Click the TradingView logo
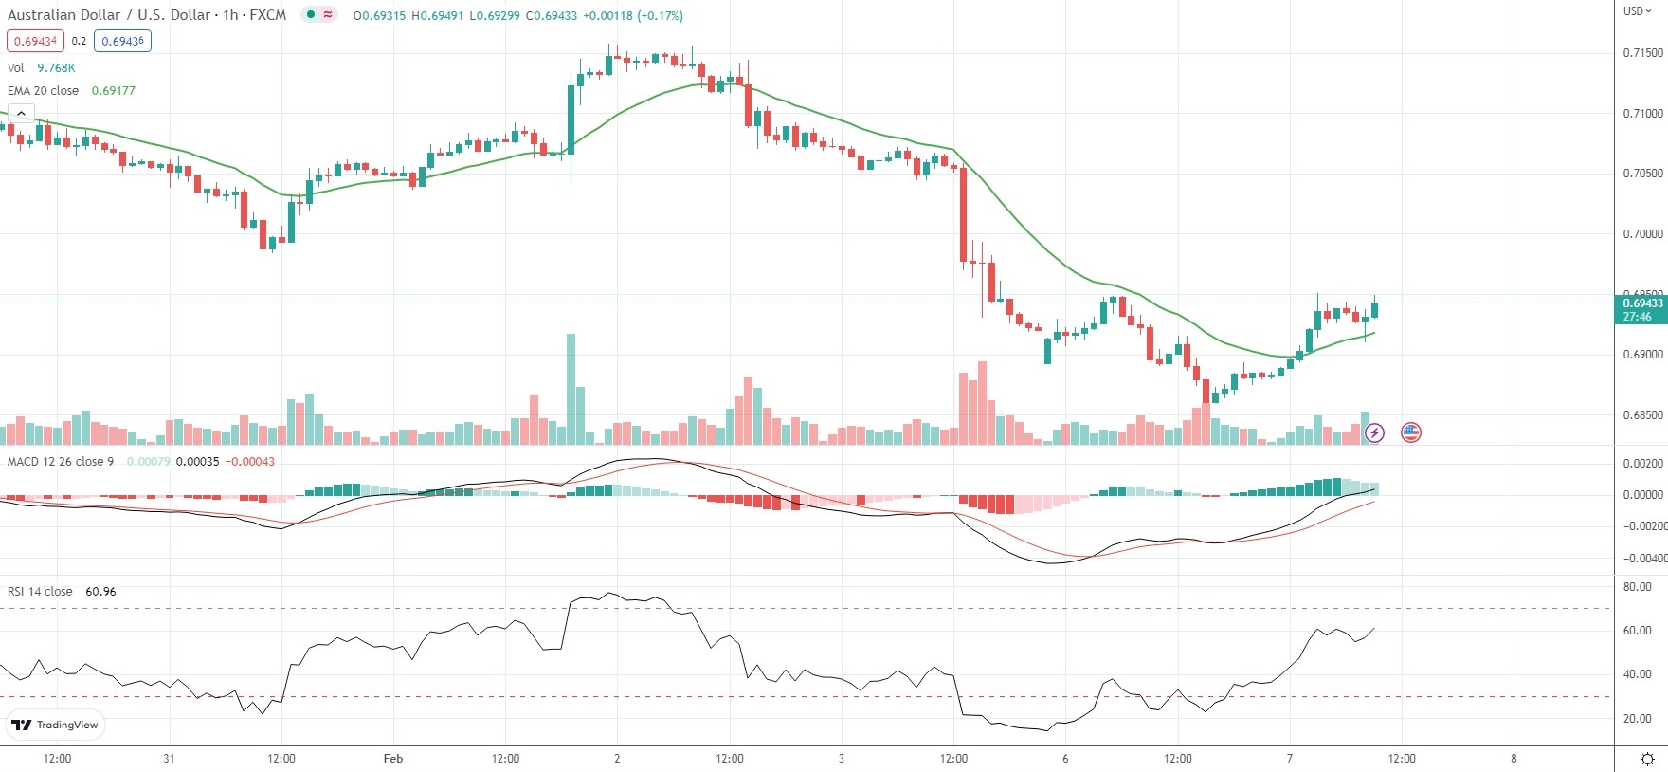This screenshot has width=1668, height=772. pyautogui.click(x=54, y=726)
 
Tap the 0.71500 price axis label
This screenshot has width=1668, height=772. pyautogui.click(x=1642, y=53)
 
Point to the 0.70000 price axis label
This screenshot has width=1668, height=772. pyautogui.click(x=1642, y=234)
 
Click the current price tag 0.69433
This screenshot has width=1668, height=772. pyautogui.click(x=1641, y=303)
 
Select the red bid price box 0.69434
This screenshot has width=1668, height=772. pyautogui.click(x=35, y=41)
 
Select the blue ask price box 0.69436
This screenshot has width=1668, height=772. pyautogui.click(x=122, y=41)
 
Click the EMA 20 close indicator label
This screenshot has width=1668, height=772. pyautogui.click(x=44, y=91)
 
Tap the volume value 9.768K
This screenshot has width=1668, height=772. pyautogui.click(x=56, y=68)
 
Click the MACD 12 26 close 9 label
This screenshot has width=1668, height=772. pyautogui.click(x=61, y=462)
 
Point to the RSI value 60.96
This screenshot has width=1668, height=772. pyautogui.click(x=100, y=592)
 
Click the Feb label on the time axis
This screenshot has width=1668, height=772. pyautogui.click(x=393, y=759)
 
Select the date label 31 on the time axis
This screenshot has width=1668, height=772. pyautogui.click(x=169, y=759)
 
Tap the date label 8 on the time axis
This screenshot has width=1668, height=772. pyautogui.click(x=1514, y=759)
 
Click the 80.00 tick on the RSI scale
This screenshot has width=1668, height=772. pyautogui.click(x=1637, y=587)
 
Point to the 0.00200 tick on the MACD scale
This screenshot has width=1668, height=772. pyautogui.click(x=1642, y=464)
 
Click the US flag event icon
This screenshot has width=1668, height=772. pyautogui.click(x=1411, y=432)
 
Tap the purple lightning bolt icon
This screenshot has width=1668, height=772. pyautogui.click(x=1374, y=432)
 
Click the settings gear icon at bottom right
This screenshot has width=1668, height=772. pyautogui.click(x=1647, y=759)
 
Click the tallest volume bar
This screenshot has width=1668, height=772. pyautogui.click(x=571, y=389)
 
